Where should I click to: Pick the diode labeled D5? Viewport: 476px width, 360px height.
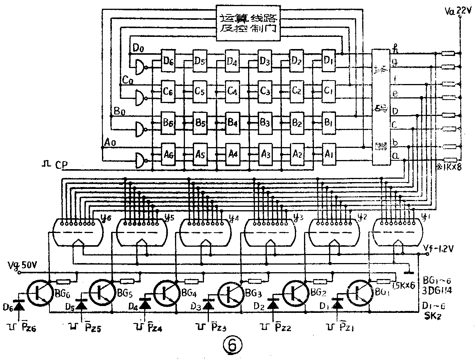click(80, 304)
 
